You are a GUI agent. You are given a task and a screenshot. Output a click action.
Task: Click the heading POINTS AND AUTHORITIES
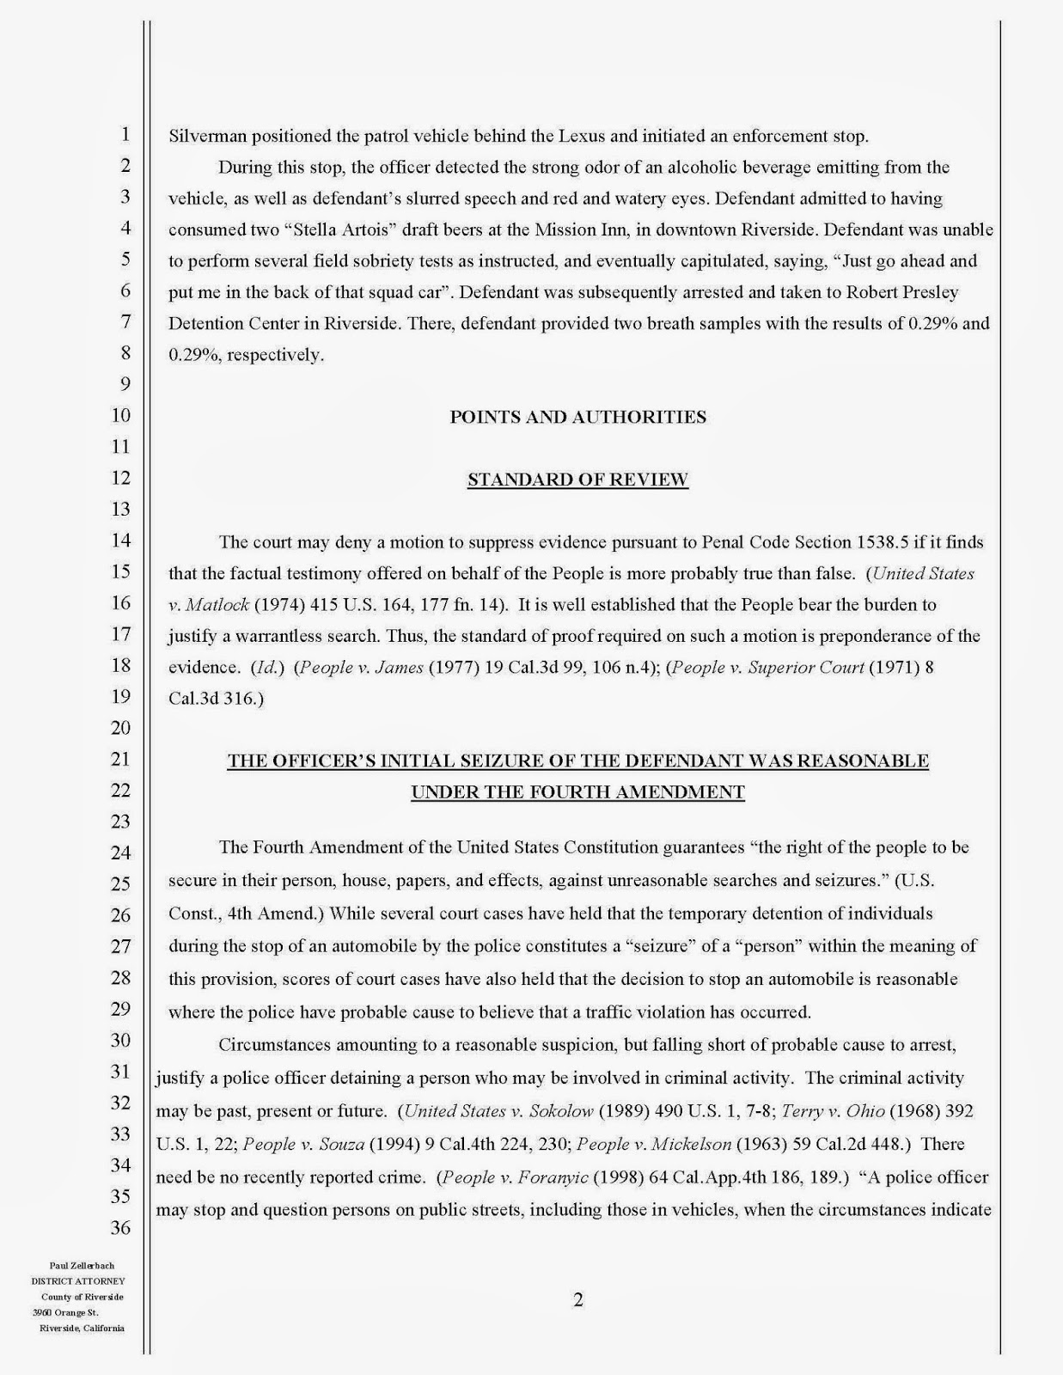click(x=577, y=417)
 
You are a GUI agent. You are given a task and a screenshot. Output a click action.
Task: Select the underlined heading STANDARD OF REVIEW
click(x=577, y=480)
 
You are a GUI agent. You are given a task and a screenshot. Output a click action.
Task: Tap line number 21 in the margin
click(x=121, y=759)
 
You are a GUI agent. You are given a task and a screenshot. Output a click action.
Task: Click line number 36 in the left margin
click(x=121, y=1227)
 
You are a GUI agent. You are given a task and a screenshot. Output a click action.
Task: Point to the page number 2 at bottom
click(x=577, y=1299)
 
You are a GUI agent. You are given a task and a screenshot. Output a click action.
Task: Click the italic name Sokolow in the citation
click(x=559, y=1110)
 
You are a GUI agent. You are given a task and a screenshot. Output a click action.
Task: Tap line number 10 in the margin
click(x=121, y=415)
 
